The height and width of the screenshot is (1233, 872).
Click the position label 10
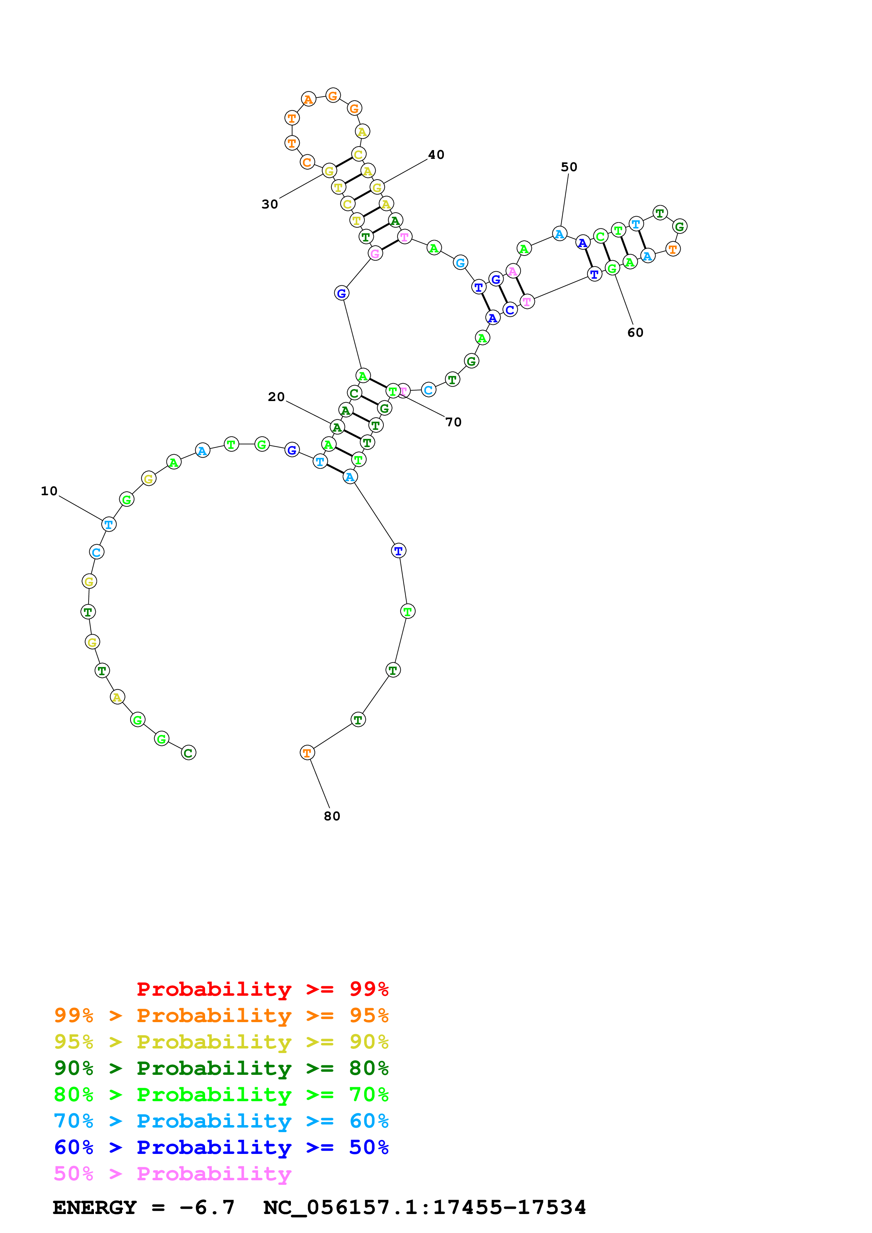[x=49, y=491]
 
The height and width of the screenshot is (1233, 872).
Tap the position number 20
[x=276, y=397]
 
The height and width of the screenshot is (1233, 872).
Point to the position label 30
[x=270, y=204]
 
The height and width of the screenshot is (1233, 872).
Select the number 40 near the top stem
[x=436, y=155]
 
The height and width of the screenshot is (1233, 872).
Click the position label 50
[x=569, y=167]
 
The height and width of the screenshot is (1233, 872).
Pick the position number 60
[x=635, y=333]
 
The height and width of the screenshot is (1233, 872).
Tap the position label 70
[x=453, y=422]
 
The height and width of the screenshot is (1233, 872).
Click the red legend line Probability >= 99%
[x=262, y=989]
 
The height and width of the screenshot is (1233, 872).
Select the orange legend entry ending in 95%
[x=221, y=1015]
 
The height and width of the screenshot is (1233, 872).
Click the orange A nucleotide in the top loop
[x=308, y=99]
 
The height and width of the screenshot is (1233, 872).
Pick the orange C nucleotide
[x=307, y=162]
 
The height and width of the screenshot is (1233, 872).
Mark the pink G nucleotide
[x=375, y=253]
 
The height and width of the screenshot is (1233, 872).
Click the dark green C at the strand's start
[x=189, y=753]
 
